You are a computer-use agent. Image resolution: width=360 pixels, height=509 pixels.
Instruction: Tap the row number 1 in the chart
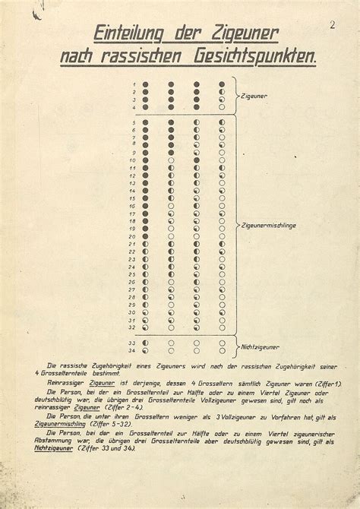coord(134,84)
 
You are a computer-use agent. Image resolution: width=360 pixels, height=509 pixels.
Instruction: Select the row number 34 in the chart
coord(133,351)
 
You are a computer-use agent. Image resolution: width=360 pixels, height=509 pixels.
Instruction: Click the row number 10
coord(133,160)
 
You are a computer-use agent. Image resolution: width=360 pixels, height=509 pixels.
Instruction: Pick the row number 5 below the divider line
coord(134,122)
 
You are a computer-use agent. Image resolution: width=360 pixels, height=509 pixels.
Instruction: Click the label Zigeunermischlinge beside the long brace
coord(270,226)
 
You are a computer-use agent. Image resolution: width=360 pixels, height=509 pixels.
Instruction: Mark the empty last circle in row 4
coord(222,108)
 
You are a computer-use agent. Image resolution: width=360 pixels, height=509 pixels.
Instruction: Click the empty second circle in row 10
coord(171,160)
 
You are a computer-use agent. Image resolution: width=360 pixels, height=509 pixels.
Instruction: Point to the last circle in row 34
coord(222,351)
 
